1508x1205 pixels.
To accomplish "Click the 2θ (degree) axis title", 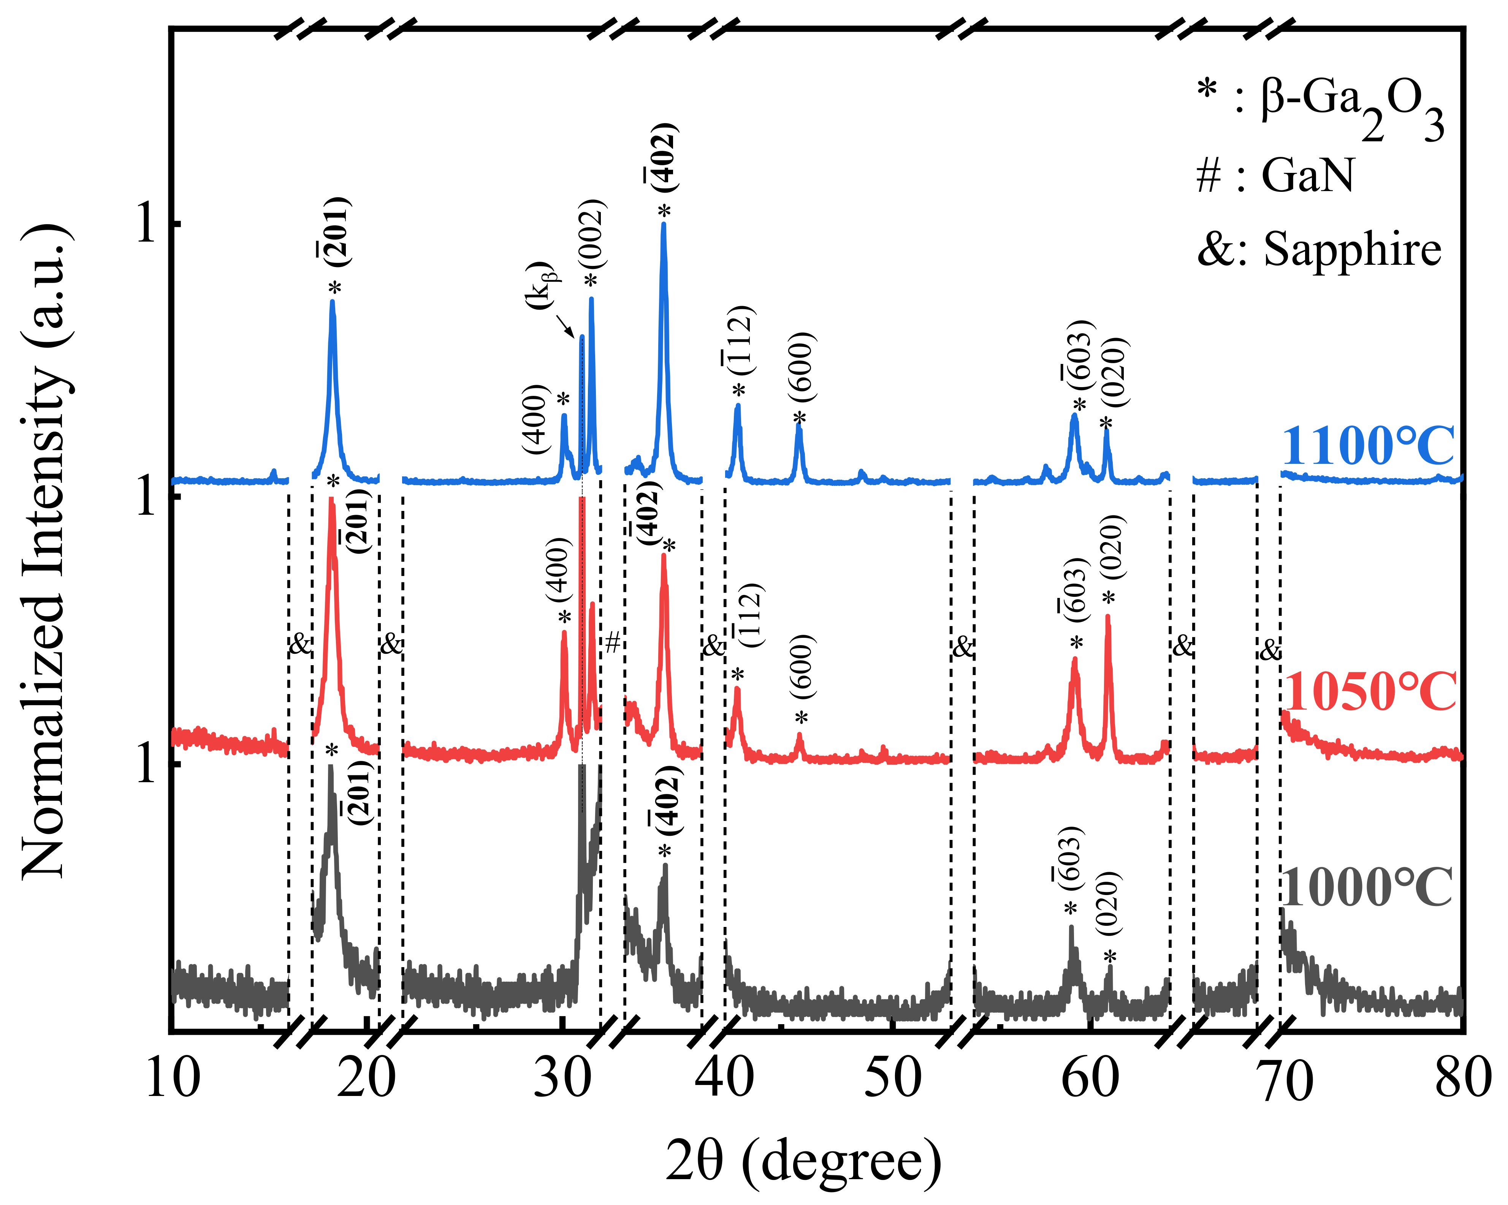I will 803,1161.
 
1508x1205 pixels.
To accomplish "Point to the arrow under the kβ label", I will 565,325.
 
